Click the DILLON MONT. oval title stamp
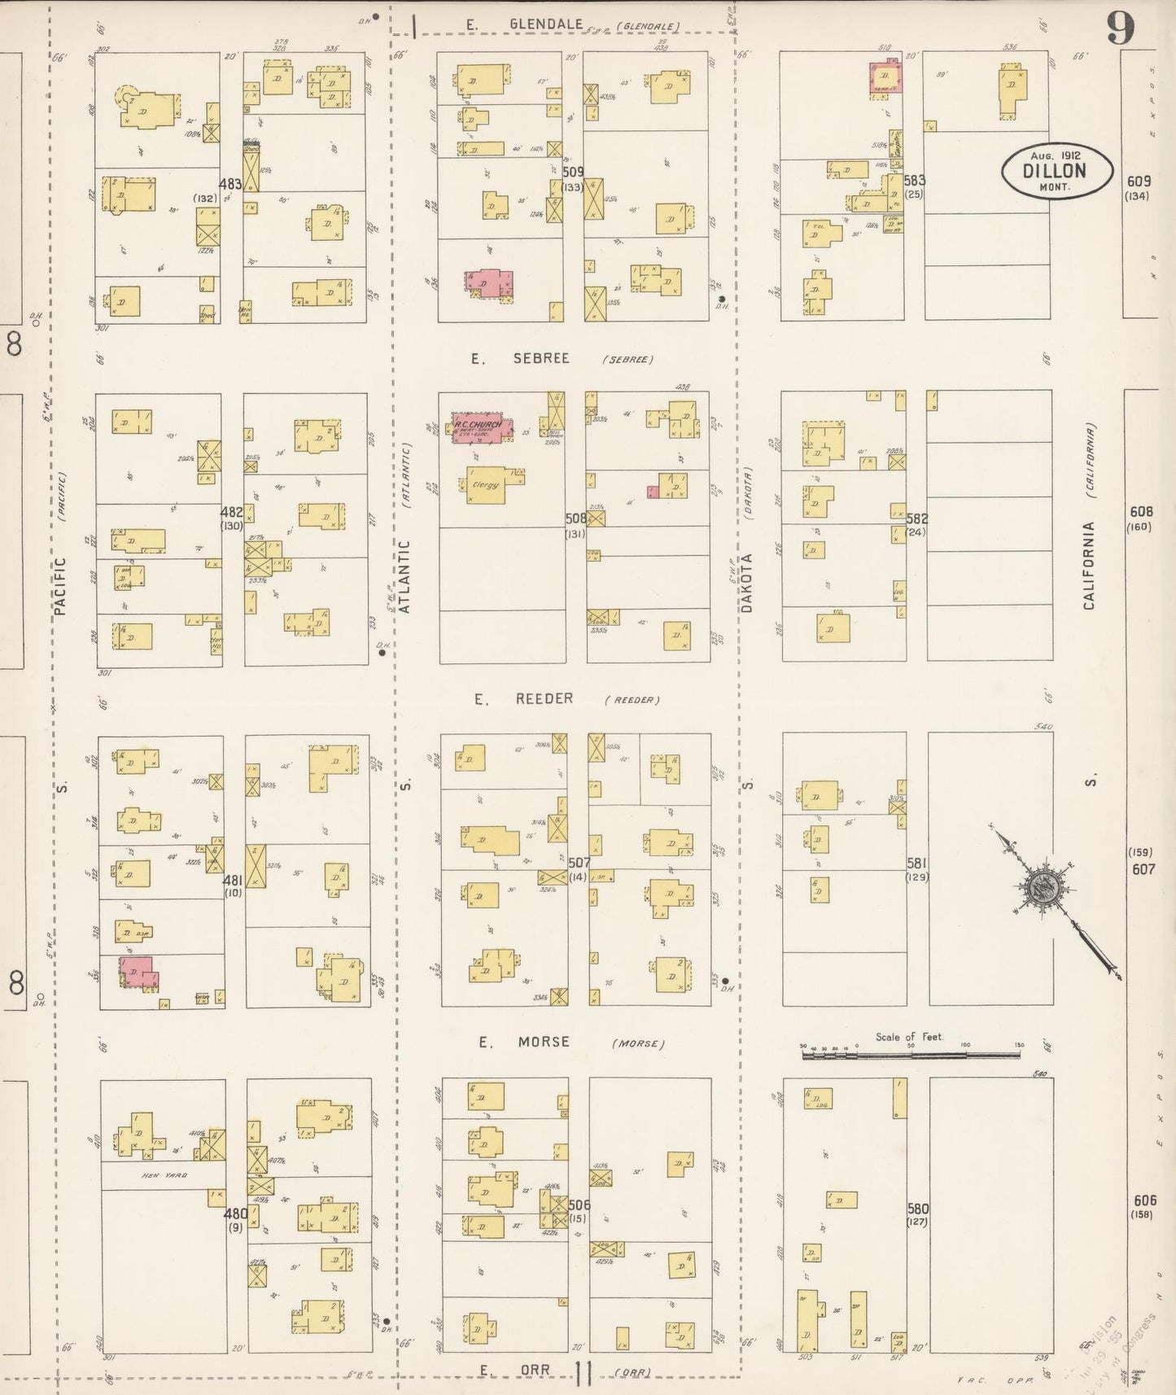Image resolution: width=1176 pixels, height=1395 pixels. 1056,171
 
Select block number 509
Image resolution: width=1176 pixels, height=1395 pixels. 573,173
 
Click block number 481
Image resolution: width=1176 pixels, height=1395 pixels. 233,880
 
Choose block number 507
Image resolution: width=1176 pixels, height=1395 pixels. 579,863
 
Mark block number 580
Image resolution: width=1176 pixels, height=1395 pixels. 917,1209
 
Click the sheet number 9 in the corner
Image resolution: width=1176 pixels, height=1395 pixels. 1120,30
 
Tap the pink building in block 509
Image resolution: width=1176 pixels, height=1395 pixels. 489,283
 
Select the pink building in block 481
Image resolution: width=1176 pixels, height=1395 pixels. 139,972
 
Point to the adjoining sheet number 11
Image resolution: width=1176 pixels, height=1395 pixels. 583,1373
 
